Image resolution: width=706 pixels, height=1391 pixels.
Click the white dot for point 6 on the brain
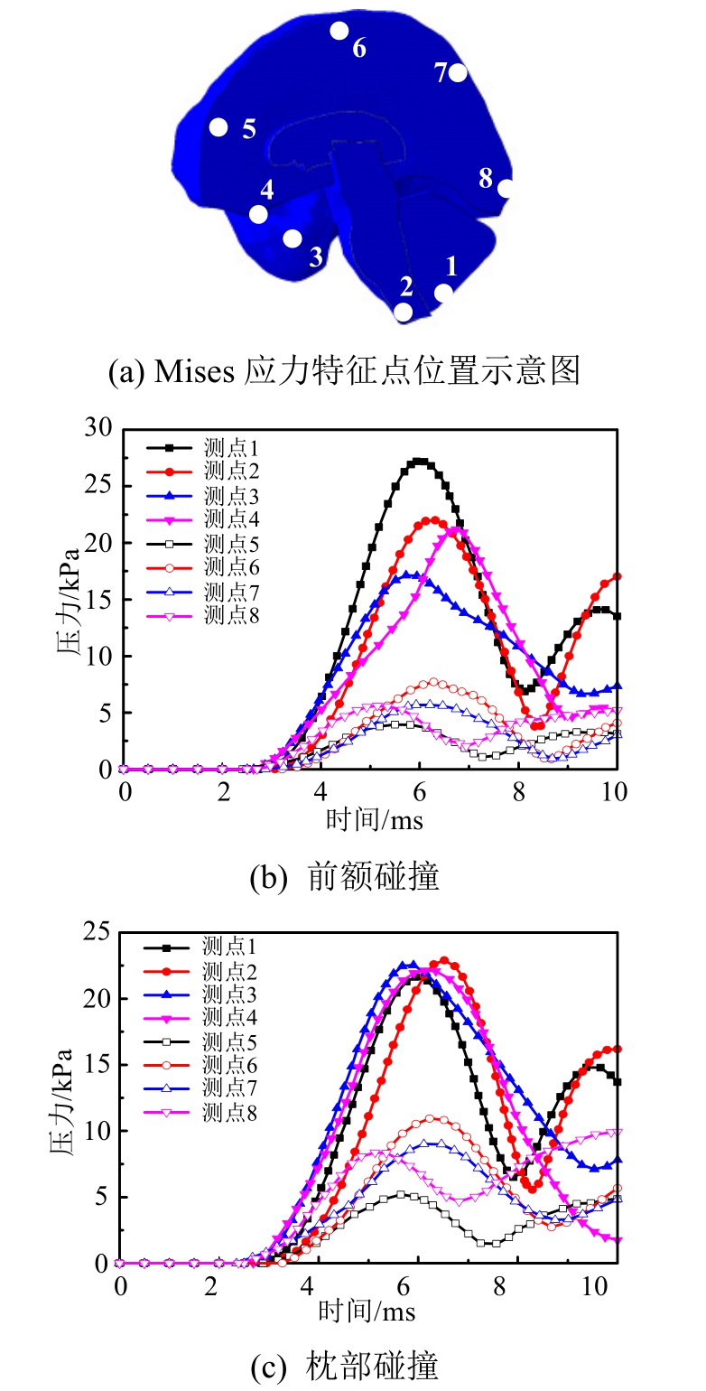tap(339, 31)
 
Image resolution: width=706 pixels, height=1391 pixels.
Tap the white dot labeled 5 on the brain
tap(218, 126)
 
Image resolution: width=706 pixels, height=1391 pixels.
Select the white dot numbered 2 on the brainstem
tap(404, 312)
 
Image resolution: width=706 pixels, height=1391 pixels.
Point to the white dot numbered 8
tap(506, 188)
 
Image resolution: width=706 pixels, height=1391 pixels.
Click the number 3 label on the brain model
tap(315, 257)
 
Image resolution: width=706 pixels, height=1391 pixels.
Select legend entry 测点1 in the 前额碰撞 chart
tap(225, 447)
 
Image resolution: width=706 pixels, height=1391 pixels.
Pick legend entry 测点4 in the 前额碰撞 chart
tap(225, 518)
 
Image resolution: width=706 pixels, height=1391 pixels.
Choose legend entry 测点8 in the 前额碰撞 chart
tap(225, 615)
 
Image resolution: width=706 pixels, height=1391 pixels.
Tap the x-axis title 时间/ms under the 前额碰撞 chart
tap(374, 819)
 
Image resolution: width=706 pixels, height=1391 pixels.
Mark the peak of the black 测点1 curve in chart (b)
tap(419, 462)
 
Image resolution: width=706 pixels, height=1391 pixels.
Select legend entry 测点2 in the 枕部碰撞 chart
tap(223, 971)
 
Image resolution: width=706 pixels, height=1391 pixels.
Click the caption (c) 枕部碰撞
tap(344, 1366)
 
